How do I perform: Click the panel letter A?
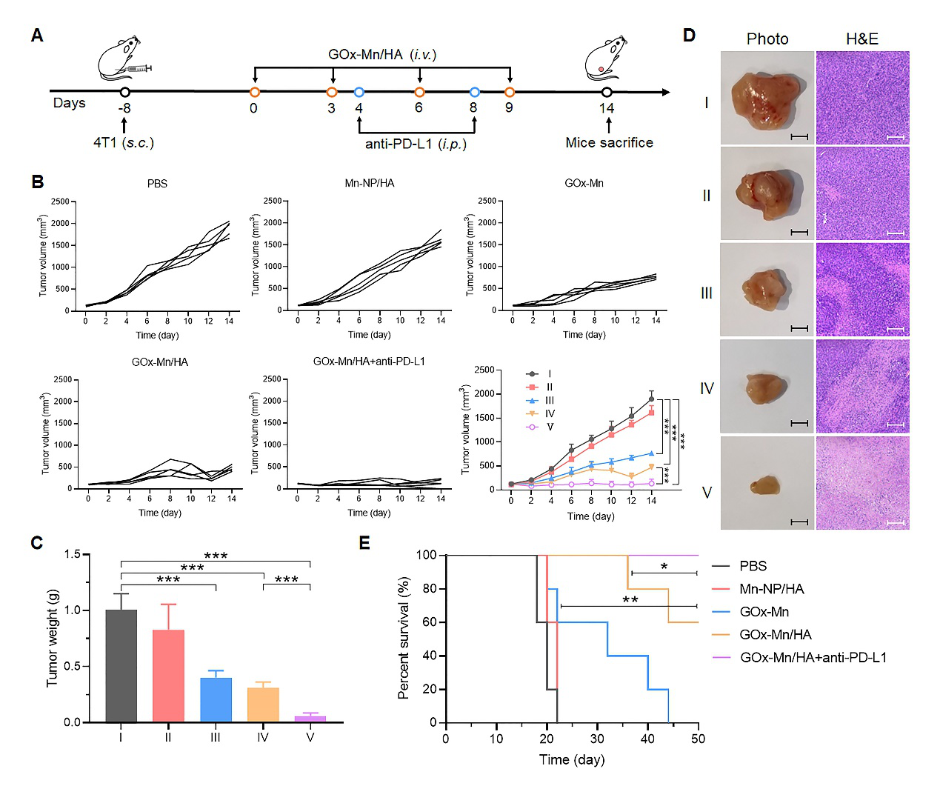pyautogui.click(x=37, y=36)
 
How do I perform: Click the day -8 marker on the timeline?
pyautogui.click(x=125, y=92)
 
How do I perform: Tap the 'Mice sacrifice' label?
pyautogui.click(x=609, y=143)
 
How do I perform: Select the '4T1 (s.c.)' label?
pyautogui.click(x=124, y=143)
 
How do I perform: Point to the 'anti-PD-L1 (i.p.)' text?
pyautogui.click(x=416, y=144)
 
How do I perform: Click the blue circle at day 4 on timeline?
pyautogui.click(x=359, y=92)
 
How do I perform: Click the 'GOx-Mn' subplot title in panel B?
pyautogui.click(x=584, y=183)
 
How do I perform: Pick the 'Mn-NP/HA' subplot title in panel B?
pyautogui.click(x=369, y=183)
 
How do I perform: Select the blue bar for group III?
pyautogui.click(x=216, y=699)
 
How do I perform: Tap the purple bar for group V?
pyautogui.click(x=310, y=719)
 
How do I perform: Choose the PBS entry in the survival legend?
pyautogui.click(x=753, y=566)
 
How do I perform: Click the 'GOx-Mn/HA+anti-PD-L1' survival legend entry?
pyautogui.click(x=813, y=657)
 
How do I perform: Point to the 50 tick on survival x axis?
pyautogui.click(x=698, y=739)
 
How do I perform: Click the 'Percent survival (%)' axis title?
pyautogui.click(x=404, y=638)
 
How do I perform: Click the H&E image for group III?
pyautogui.click(x=862, y=290)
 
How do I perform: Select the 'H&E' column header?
pyautogui.click(x=862, y=39)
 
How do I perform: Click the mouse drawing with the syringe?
pyautogui.click(x=122, y=58)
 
